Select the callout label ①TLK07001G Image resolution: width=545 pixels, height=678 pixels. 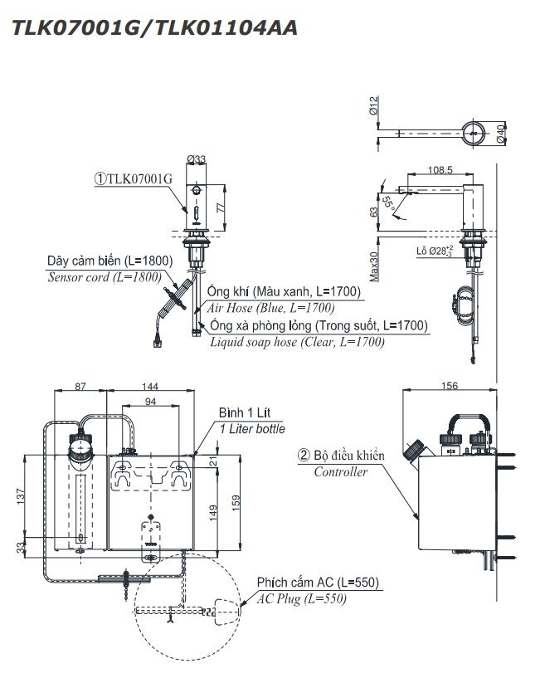click(x=134, y=178)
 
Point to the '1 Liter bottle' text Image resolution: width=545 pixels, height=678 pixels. click(x=252, y=429)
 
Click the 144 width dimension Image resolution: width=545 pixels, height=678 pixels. click(x=151, y=387)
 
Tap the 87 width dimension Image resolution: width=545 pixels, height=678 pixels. click(x=80, y=387)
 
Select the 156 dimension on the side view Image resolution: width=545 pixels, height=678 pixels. click(x=448, y=387)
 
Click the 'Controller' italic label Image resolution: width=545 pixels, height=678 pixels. click(x=340, y=472)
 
